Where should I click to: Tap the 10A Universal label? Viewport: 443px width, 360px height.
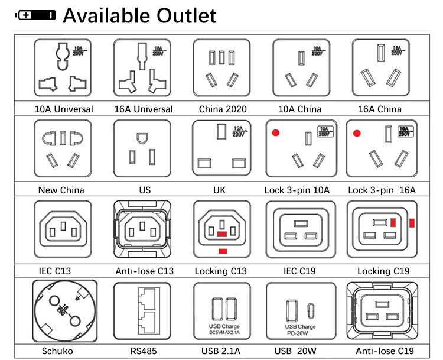[64, 109]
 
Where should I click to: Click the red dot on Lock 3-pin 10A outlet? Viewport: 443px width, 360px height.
[275, 134]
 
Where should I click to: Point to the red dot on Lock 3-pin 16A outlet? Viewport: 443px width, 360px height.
[357, 134]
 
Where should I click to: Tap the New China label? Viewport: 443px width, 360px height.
[61, 190]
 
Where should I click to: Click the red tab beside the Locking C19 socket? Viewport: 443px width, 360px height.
[412, 223]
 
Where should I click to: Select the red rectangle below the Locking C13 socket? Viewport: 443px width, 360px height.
[222, 252]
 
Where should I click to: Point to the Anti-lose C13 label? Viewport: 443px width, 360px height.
[144, 271]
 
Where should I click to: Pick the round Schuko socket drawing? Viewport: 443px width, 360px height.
[63, 313]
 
